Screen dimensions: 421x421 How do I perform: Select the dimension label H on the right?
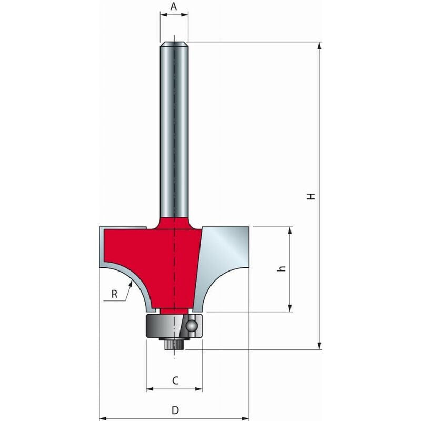click(312, 196)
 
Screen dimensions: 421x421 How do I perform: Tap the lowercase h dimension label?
click(282, 268)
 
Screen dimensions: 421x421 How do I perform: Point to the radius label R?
click(115, 294)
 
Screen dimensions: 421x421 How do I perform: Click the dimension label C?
click(175, 379)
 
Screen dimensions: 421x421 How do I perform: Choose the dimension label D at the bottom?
click(175, 409)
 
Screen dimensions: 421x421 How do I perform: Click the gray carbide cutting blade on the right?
click(224, 258)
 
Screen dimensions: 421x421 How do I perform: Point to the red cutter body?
click(158, 258)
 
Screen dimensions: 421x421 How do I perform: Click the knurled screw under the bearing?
click(174, 344)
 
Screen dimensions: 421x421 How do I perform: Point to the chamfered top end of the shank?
click(174, 44)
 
